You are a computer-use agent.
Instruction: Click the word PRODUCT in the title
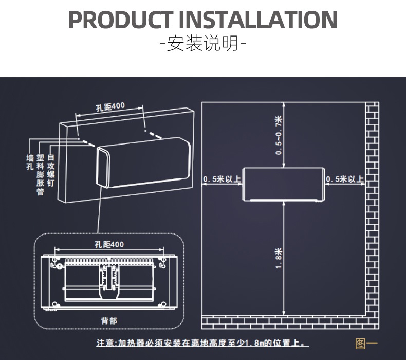coord(121,20)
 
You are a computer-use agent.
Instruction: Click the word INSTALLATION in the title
coord(258,20)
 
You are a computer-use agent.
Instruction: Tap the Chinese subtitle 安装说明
coord(202,44)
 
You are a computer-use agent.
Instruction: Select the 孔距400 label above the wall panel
coord(110,106)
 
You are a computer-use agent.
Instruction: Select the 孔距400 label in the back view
coord(109,244)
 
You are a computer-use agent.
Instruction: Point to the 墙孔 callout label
coord(30,163)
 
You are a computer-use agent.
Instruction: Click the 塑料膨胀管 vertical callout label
coord(41,174)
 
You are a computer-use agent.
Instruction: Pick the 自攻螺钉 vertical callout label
coord(51,170)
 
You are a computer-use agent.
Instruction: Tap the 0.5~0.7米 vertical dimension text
coord(279,135)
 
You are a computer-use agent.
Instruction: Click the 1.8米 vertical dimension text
coord(279,258)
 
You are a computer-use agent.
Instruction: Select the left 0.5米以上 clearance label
coord(222,179)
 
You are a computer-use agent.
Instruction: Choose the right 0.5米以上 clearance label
coord(345,179)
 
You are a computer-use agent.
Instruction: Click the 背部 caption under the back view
coord(109,321)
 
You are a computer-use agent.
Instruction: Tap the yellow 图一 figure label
coord(366,344)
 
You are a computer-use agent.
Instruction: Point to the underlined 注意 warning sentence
coord(202,343)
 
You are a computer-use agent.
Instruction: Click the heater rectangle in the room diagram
coord(284,184)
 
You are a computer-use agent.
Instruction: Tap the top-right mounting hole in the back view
coord(163,259)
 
